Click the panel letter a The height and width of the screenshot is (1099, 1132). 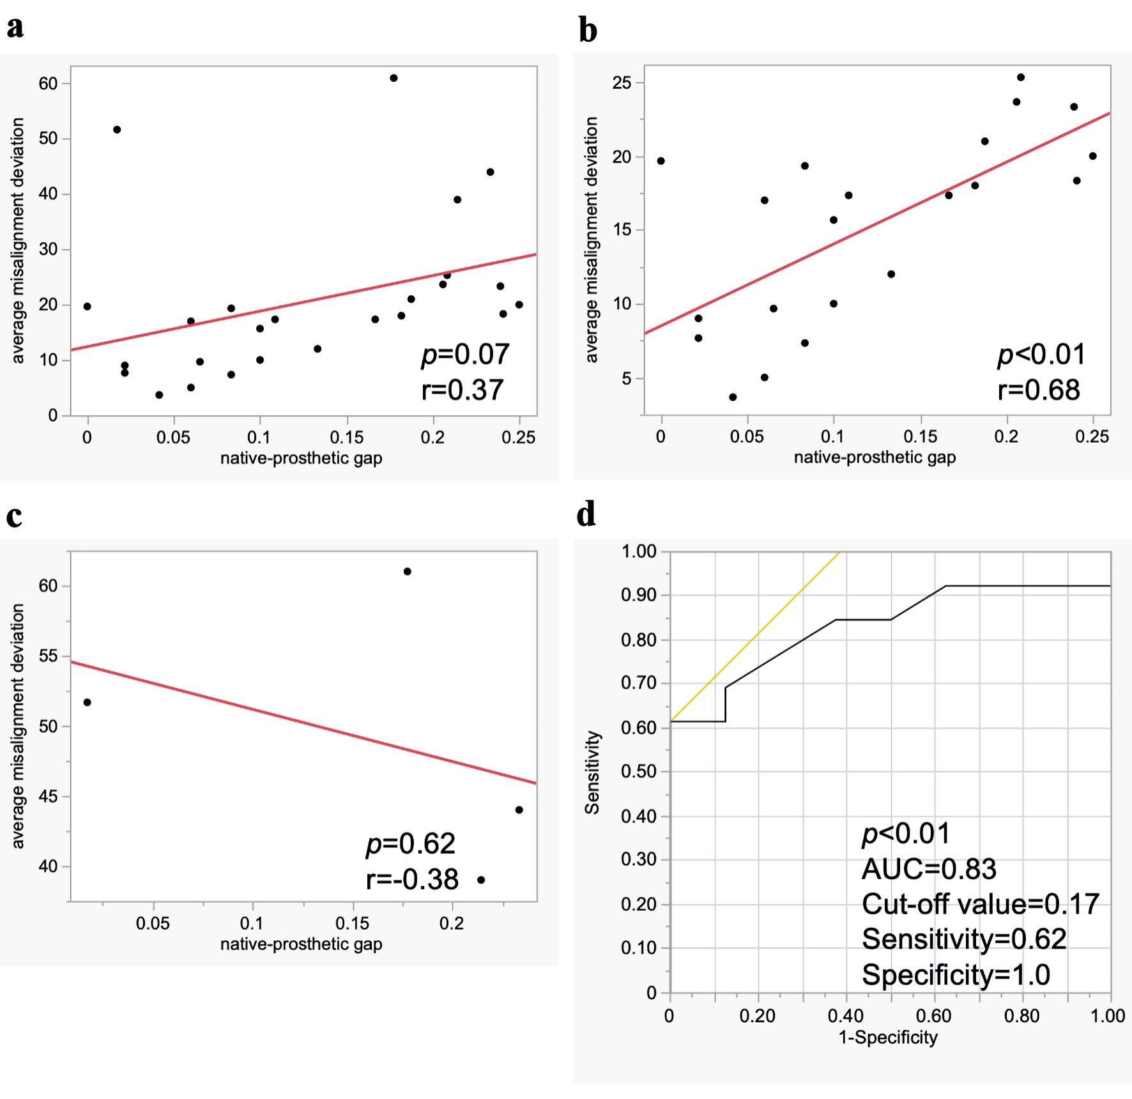(x=15, y=27)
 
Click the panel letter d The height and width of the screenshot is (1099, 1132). (x=586, y=514)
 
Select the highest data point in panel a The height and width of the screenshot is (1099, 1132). (x=394, y=78)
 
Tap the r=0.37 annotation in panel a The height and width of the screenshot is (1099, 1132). (x=463, y=390)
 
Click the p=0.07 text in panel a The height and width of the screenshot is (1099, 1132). (x=465, y=355)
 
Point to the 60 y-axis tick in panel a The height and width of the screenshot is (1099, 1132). (x=48, y=84)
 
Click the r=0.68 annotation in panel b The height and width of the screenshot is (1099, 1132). (x=1039, y=390)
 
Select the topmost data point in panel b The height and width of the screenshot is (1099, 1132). (x=1021, y=77)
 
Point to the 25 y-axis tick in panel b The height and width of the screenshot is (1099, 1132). (x=622, y=83)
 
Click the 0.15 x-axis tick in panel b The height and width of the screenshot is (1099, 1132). (x=921, y=436)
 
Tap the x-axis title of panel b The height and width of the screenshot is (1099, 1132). (x=875, y=457)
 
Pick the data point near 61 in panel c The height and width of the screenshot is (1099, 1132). (x=408, y=571)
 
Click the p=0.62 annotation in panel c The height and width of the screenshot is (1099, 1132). (x=410, y=844)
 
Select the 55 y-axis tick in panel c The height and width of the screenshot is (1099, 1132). (x=48, y=656)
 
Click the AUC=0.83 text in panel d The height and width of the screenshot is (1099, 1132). (x=929, y=869)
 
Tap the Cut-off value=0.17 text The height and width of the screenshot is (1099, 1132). (x=981, y=904)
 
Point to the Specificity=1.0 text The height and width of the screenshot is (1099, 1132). (x=956, y=975)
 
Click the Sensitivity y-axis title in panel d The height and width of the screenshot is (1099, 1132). (x=593, y=772)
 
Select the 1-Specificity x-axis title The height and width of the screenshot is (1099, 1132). (x=888, y=1037)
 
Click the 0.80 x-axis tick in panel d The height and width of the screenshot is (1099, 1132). (x=1021, y=1015)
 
